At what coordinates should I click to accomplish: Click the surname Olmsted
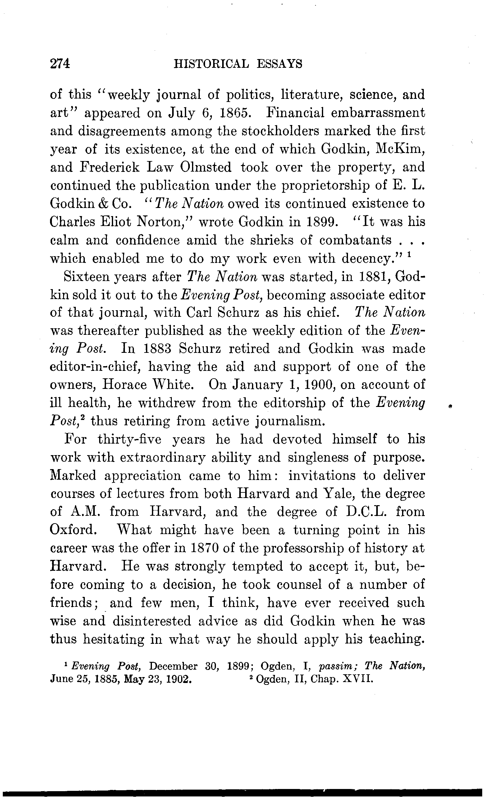point(206,167)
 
